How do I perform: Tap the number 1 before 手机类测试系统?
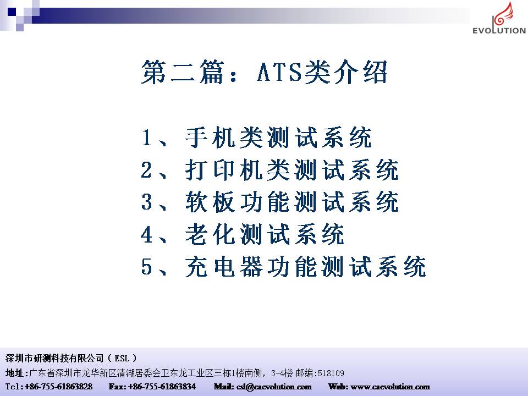pyautogui.click(x=146, y=137)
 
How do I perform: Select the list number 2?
pyautogui.click(x=146, y=170)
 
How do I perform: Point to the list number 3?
pyautogui.click(x=146, y=202)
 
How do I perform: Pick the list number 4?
pyautogui.click(x=146, y=234)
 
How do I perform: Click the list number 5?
pyautogui.click(x=146, y=266)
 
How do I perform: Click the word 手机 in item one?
pyautogui.click(x=210, y=137)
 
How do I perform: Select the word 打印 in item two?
pyautogui.click(x=210, y=170)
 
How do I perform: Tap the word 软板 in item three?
pyautogui.click(x=210, y=202)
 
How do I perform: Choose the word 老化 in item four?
pyautogui.click(x=210, y=234)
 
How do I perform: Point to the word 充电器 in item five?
pyautogui.click(x=224, y=266)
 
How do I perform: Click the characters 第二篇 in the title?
pyautogui.click(x=183, y=72)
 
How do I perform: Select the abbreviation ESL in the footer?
pyautogui.click(x=122, y=358)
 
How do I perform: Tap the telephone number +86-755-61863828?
pyautogui.click(x=59, y=386)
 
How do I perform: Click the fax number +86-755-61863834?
pyautogui.click(x=162, y=386)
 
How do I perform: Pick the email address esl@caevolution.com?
pyautogui.click(x=274, y=387)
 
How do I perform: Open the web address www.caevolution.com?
pyautogui.click(x=391, y=387)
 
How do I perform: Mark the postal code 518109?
pyautogui.click(x=331, y=373)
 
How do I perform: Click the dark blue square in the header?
pyautogui.click(x=12, y=12)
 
